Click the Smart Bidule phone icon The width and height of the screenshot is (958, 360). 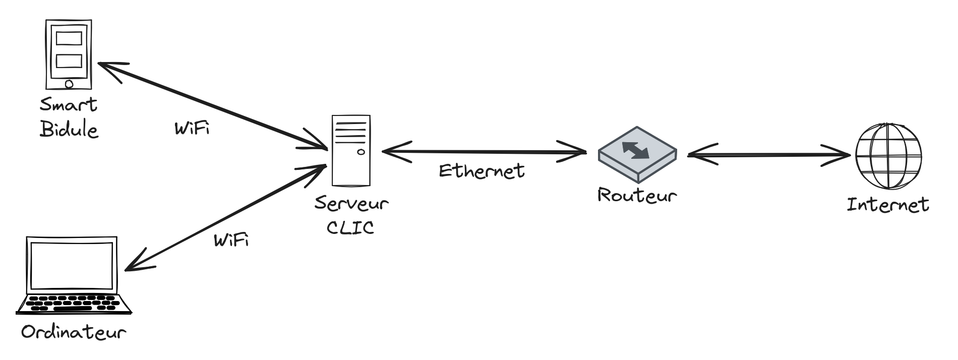(69, 54)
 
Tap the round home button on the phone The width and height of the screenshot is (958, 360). (69, 84)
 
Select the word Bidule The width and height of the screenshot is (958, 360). (69, 130)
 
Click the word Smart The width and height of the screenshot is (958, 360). (69, 105)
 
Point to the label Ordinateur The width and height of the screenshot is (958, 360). (73, 333)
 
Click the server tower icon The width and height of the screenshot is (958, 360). (351, 150)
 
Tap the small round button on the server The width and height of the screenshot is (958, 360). (361, 152)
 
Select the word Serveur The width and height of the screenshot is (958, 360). (351, 203)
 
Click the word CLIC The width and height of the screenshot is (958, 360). (350, 227)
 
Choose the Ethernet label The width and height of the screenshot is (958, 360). (482, 171)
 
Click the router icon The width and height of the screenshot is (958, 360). (637, 153)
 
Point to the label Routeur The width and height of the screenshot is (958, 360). (636, 195)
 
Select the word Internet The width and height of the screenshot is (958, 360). (887, 205)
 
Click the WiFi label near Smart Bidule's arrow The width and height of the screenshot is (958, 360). (192, 129)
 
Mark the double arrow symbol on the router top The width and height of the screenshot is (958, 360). (636, 149)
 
